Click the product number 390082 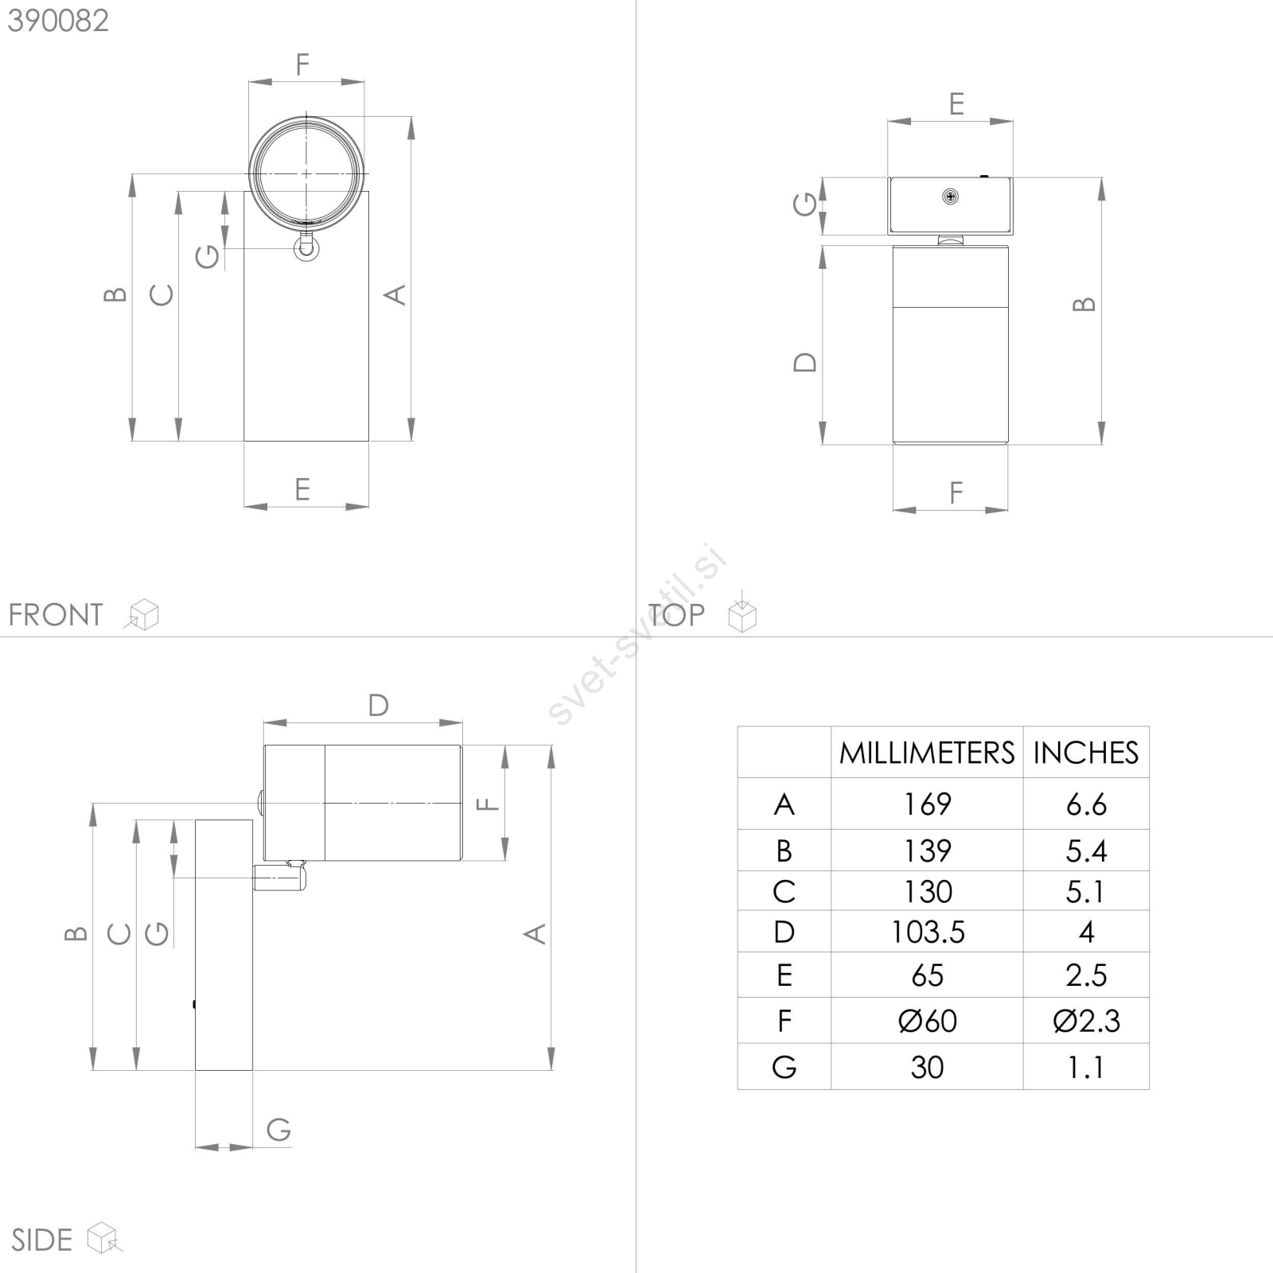coord(58,21)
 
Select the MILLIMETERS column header coord(927,753)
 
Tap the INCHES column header coord(1086,753)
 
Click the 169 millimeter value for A coord(928,804)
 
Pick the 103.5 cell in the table coord(928,932)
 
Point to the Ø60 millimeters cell coord(928,1021)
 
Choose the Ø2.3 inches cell coord(1086,1021)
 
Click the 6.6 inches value coord(1086,804)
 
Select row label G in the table coord(784,1067)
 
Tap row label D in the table coord(784,932)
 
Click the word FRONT coord(56,615)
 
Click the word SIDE coord(41,1240)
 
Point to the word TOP coord(676,614)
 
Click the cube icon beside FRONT coord(142,614)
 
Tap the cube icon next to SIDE coord(104,1238)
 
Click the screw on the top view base coord(950,197)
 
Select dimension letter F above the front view coord(302,64)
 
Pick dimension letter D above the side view coord(378,705)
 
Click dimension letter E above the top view coord(956,104)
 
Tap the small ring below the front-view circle coord(306,249)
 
